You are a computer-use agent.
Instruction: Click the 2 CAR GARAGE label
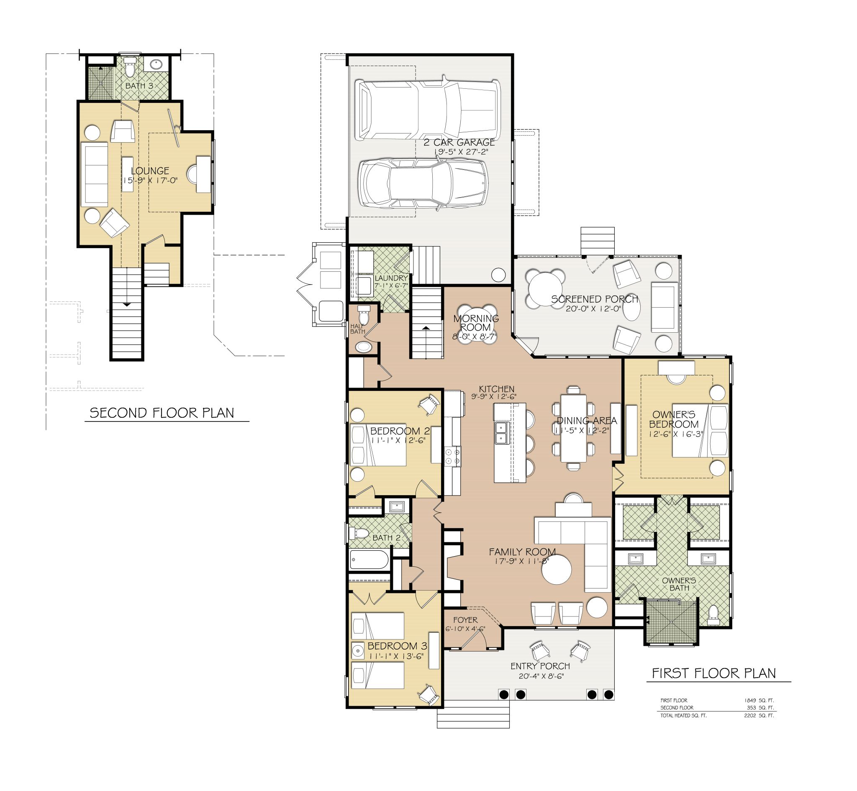click(459, 142)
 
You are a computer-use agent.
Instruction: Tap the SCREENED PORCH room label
click(594, 299)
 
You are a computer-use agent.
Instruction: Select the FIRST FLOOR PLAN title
click(713, 673)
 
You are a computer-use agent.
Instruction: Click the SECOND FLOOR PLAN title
click(162, 413)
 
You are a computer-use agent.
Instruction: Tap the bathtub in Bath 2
click(369, 560)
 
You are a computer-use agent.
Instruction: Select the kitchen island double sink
click(500, 432)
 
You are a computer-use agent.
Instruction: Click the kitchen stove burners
click(452, 456)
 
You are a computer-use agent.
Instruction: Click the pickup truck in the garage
click(427, 109)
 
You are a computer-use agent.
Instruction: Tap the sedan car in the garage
click(423, 184)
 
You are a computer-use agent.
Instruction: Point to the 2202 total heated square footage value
click(750, 715)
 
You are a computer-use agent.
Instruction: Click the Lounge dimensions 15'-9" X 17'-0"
click(150, 181)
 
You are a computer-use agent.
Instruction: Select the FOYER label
click(465, 620)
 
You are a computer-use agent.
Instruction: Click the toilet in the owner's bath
click(713, 614)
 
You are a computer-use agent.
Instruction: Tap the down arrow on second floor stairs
click(127, 304)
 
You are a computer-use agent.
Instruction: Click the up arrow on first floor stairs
click(426, 328)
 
